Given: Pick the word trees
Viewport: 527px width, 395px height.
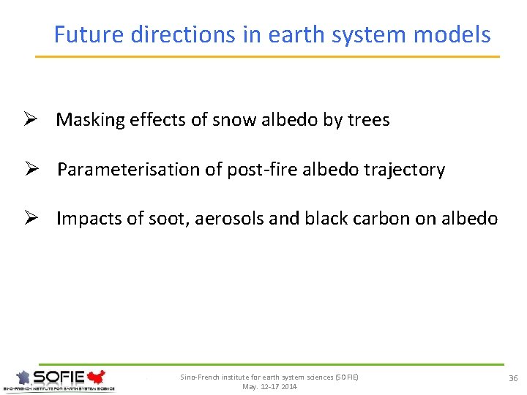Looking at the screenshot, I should tap(367, 120).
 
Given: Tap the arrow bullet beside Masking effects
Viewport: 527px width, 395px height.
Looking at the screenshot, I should tap(32, 120).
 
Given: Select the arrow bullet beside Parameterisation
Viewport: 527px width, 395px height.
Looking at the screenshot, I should tap(32, 170).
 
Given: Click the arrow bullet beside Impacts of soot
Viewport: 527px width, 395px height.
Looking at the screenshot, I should tap(32, 219).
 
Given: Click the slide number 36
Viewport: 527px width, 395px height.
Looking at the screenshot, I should tap(512, 377).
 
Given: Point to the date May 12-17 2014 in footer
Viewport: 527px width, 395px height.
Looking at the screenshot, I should tap(269, 386).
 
